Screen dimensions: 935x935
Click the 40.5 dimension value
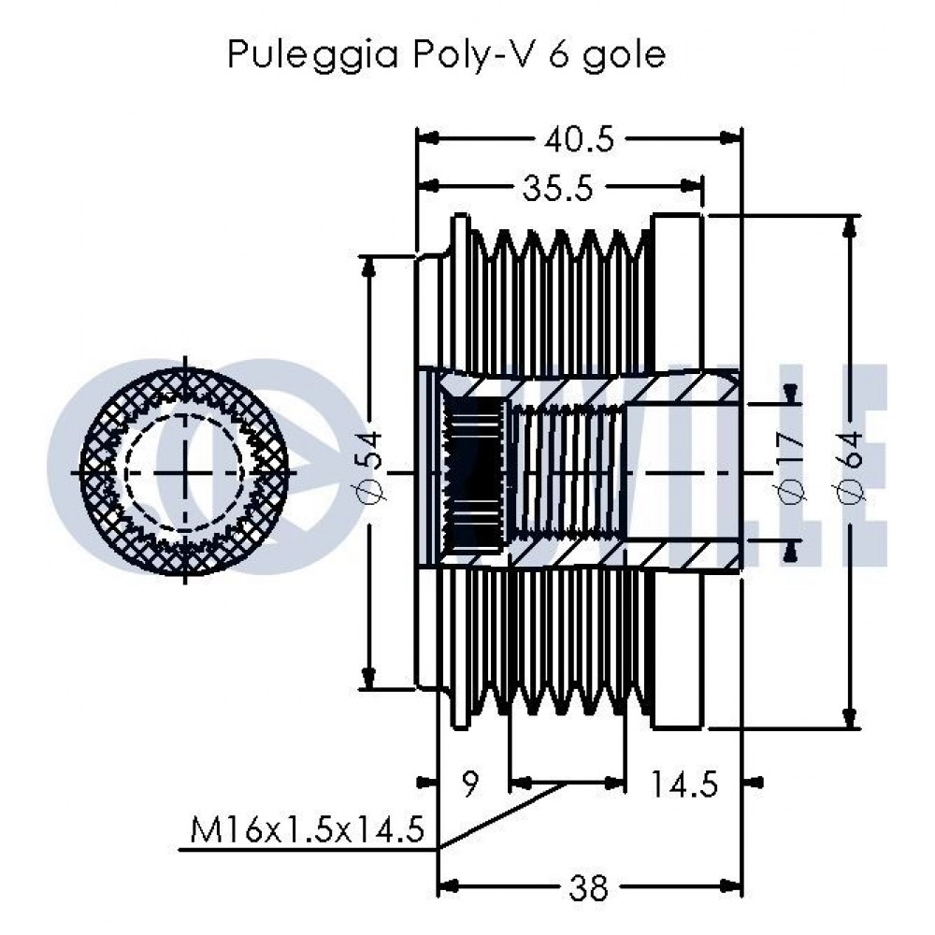(579, 141)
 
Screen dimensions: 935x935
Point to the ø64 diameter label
(850, 467)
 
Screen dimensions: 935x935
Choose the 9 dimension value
(470, 784)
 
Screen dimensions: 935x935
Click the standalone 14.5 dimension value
(683, 784)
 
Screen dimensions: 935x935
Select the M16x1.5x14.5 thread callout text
(308, 830)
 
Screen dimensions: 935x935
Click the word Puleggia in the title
(313, 55)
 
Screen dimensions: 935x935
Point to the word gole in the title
(624, 55)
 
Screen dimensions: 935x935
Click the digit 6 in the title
(557, 54)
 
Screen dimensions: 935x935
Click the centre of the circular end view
(184, 472)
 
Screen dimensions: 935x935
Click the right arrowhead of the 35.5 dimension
(692, 185)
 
